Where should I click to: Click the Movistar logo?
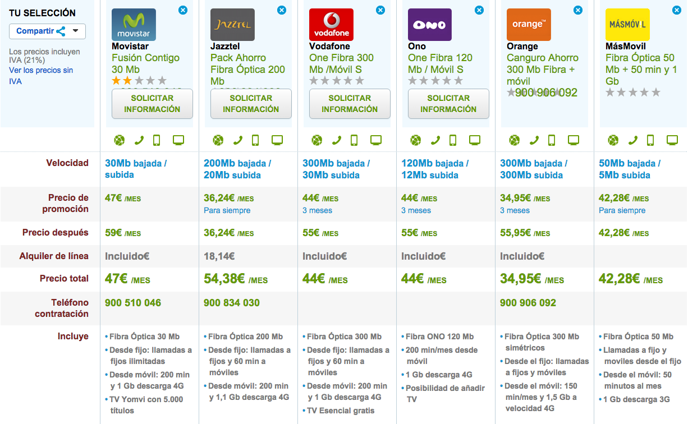point(134,25)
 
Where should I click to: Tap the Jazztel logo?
point(232,25)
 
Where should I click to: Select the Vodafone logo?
point(331,25)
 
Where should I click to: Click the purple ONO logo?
point(430,25)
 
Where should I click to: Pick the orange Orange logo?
point(529,25)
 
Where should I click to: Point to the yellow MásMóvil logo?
point(627,25)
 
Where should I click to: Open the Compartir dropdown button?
point(47,31)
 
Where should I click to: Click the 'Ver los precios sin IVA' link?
point(41,76)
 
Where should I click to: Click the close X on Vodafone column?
point(380,10)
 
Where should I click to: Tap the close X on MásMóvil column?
point(677,10)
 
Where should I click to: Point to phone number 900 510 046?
point(133,303)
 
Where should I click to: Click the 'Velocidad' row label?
point(67,163)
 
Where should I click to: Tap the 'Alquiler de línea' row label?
point(54,256)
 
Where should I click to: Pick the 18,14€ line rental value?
point(219,256)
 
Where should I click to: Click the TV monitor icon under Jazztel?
point(277,140)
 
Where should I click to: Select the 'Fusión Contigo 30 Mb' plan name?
point(145,63)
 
